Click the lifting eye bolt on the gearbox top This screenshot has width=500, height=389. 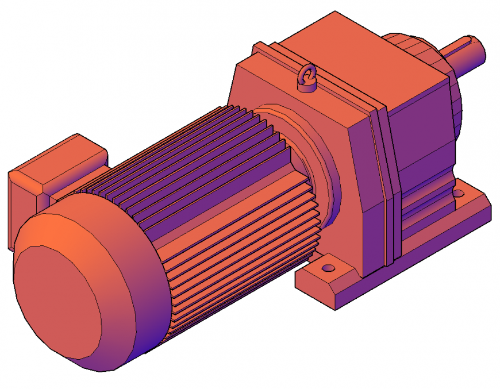pyautogui.click(x=307, y=79)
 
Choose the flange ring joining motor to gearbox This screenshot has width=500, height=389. pyautogui.click(x=322, y=172)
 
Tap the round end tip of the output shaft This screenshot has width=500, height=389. pyautogui.click(x=482, y=50)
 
